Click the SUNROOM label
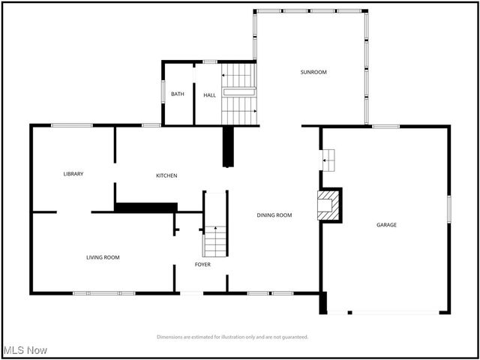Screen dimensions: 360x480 313,72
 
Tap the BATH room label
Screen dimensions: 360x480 177,94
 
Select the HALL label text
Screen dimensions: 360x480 209,94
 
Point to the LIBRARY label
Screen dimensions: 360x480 73,174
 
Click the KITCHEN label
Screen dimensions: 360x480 166,175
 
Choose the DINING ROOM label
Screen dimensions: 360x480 274,215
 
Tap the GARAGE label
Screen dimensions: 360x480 386,225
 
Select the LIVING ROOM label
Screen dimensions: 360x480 103,257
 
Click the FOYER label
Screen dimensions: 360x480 202,265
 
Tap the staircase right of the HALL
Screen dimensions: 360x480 239,94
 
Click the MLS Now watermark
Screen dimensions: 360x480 25,350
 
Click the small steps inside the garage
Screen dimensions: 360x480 328,158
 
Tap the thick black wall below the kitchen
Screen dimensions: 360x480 146,207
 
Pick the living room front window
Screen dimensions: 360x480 103,292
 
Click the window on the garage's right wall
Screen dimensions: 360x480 449,208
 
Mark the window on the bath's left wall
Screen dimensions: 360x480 163,90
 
